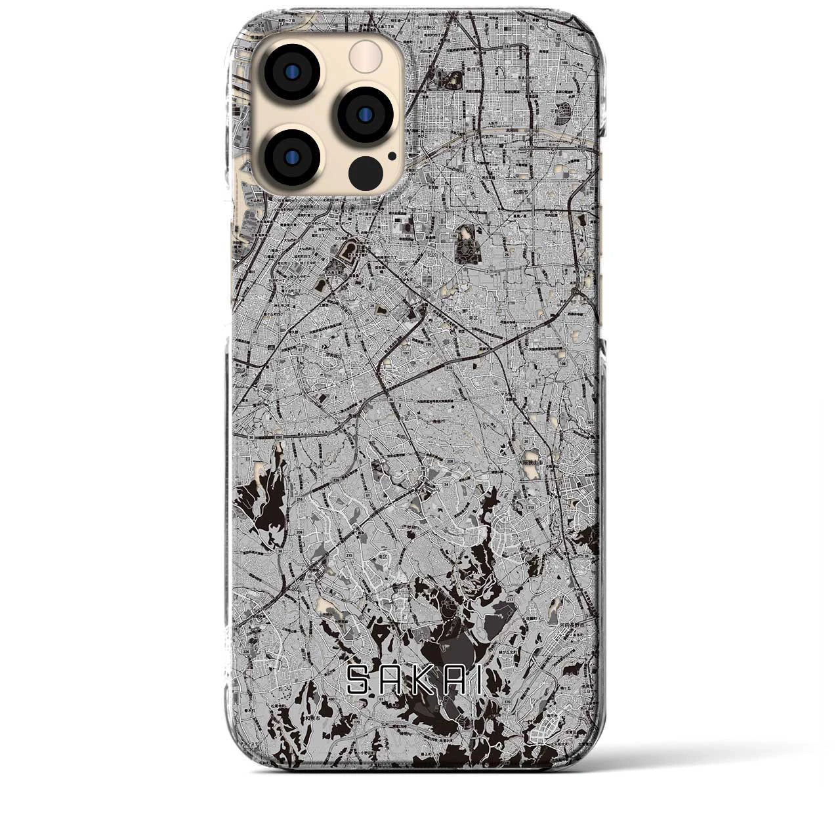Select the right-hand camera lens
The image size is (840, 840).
tap(366, 114)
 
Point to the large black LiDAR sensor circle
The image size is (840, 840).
tap(366, 173)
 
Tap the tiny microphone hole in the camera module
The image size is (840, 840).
tap(392, 156)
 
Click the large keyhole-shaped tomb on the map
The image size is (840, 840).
tap(467, 243)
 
